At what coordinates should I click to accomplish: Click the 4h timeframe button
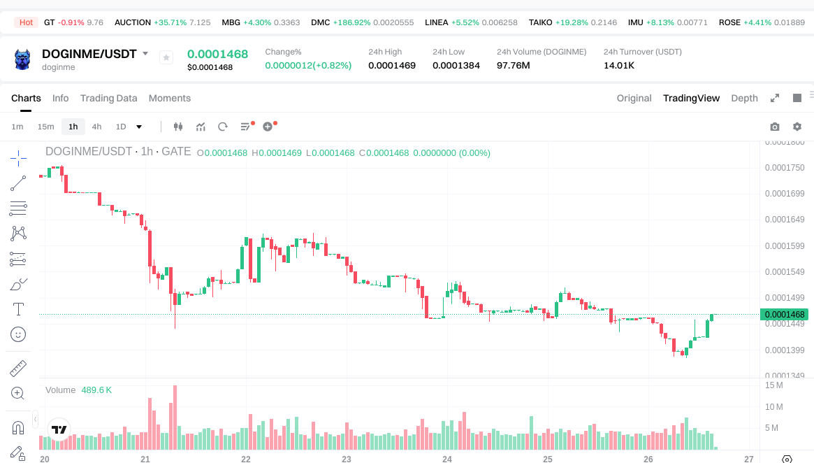coord(96,127)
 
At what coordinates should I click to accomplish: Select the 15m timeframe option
coord(45,127)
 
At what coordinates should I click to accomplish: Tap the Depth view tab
coord(744,98)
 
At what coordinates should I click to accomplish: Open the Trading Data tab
coord(108,98)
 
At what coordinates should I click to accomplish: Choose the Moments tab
coord(170,98)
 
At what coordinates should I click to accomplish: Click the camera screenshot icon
coord(775,127)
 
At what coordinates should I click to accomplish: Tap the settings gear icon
coord(797,127)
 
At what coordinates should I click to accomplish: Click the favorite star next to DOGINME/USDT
coord(166,57)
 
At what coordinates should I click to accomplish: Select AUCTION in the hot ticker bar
coord(133,22)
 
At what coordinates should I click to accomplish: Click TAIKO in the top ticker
coord(541,22)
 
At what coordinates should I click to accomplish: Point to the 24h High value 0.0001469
coord(392,65)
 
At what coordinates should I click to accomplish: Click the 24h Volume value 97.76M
coord(514,65)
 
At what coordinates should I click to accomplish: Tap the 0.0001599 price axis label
coord(785,246)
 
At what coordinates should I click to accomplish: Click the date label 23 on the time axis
coord(347,459)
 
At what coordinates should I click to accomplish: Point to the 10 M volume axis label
coord(773,407)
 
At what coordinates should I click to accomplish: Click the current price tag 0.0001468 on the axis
coord(785,315)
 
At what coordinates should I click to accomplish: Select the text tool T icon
coord(18,308)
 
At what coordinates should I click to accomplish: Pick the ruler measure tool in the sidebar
coord(18,368)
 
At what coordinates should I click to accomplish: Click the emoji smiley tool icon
coord(18,334)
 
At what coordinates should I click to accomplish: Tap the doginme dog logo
coord(22,59)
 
